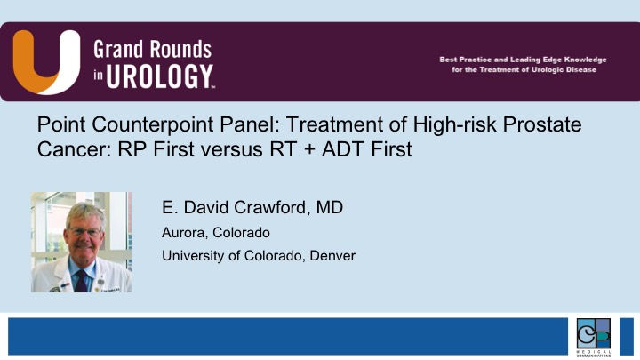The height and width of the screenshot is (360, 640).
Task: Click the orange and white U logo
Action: pos(46,62)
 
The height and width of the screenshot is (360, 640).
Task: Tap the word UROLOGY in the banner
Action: pos(160,76)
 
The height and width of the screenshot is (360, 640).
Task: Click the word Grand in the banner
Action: pos(119,50)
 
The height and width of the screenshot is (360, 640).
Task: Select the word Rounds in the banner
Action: pos(180,50)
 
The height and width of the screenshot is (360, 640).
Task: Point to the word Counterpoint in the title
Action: pos(152,124)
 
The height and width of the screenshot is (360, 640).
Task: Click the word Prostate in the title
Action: pos(542,124)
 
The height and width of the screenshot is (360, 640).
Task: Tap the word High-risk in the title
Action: pos(455,124)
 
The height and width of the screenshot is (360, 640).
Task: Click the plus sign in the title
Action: pos(309,149)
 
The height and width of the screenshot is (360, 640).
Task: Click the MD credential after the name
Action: pos(330,207)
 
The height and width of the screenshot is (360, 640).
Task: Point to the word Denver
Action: pos(332,256)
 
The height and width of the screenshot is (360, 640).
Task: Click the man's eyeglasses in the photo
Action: pos(84,232)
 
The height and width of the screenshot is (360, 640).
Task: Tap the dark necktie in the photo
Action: pos(81,281)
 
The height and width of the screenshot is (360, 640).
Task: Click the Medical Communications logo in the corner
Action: pos(594,337)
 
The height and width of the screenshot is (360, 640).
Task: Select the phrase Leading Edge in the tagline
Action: pos(539,60)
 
